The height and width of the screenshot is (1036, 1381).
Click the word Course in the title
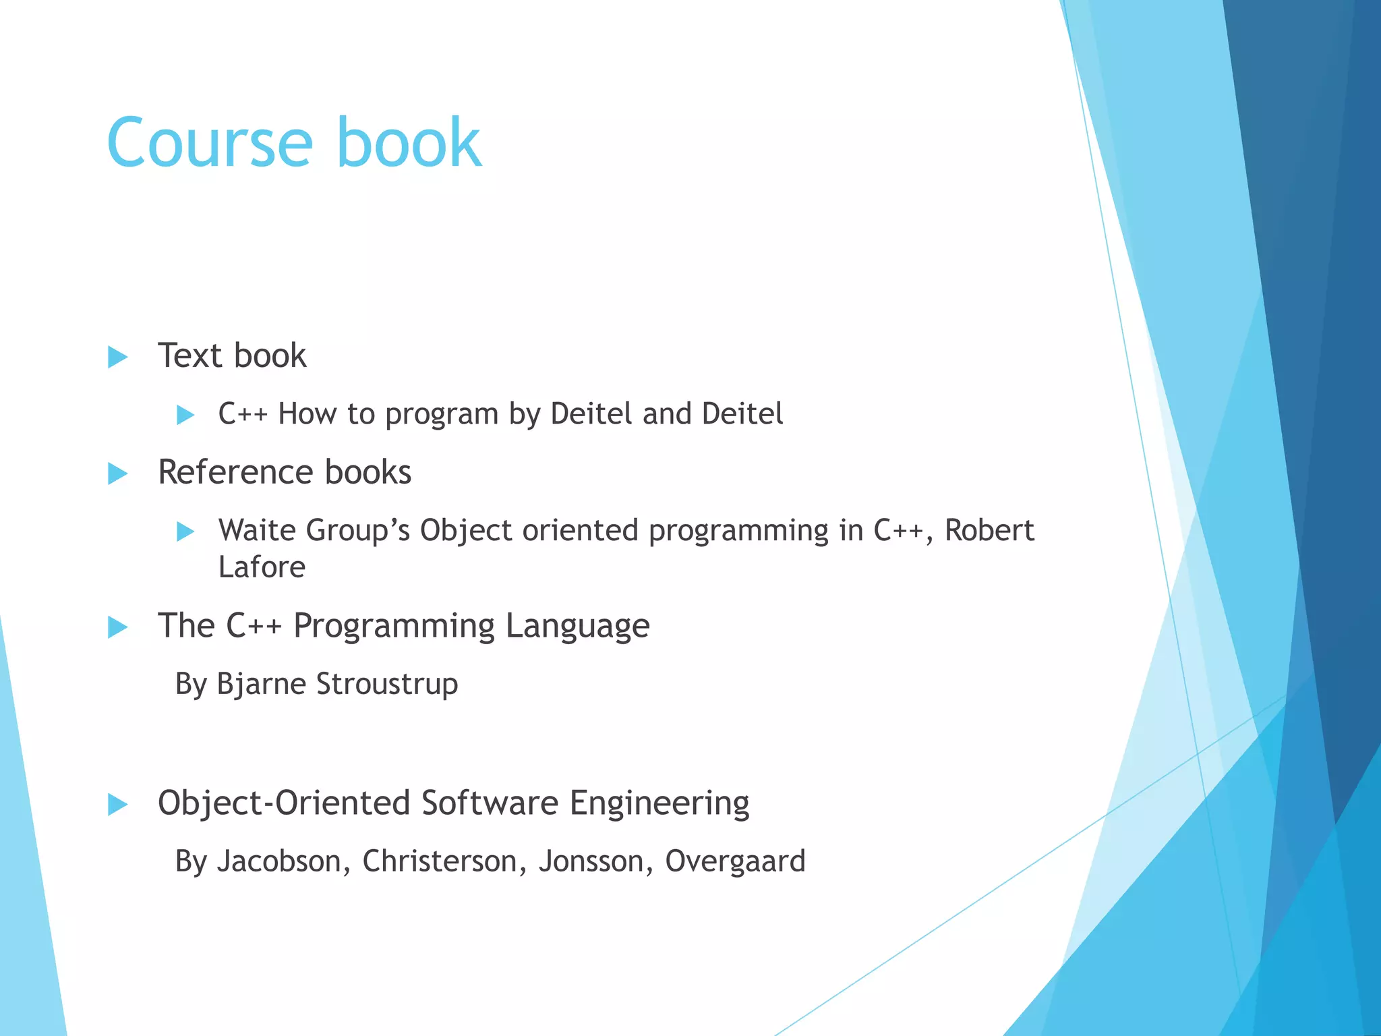pyautogui.click(x=210, y=143)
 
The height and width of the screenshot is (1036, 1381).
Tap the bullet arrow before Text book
pyautogui.click(x=117, y=357)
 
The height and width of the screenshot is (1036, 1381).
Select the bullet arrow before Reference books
pyautogui.click(x=117, y=473)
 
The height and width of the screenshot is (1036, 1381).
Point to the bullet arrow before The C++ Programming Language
pyautogui.click(x=117, y=627)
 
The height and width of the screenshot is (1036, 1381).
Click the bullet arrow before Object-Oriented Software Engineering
pyautogui.click(x=117, y=804)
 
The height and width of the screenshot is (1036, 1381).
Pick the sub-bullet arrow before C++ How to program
pyautogui.click(x=185, y=415)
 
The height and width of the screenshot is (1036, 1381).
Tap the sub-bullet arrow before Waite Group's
pyautogui.click(x=185, y=531)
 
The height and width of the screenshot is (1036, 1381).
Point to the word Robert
pyautogui.click(x=989, y=531)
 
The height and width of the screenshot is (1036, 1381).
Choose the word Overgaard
pyautogui.click(x=735, y=862)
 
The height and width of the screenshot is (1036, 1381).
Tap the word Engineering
pyautogui.click(x=659, y=804)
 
